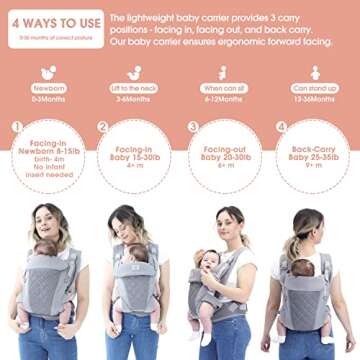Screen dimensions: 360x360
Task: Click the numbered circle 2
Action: (103, 128)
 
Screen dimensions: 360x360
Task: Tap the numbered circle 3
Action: (193, 128)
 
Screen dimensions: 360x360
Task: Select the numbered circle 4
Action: (281, 128)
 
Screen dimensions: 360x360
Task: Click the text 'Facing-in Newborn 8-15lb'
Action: (49, 153)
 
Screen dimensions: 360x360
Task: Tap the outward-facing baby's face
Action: (208, 262)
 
